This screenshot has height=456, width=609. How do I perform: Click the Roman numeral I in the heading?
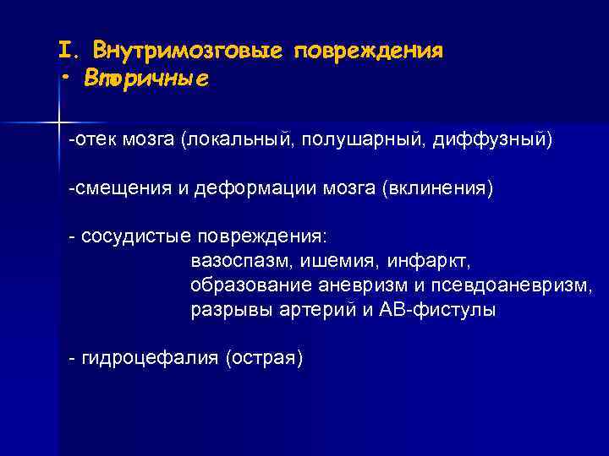pos(65,49)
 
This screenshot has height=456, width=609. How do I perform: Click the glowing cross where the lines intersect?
pos(58,123)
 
